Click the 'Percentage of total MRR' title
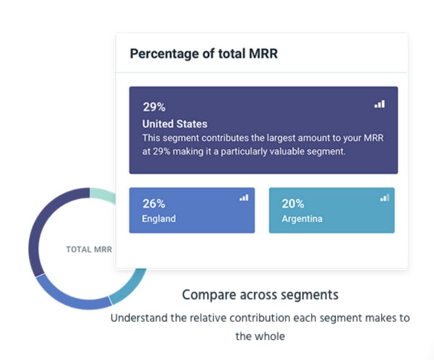204,54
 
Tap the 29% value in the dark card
154,107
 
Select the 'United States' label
174,124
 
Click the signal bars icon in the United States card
379,105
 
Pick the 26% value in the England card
154,204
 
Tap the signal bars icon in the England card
244,198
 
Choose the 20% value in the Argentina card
293,204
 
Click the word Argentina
302,218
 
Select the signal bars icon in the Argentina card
384,198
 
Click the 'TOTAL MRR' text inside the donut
89,249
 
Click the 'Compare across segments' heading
260,295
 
